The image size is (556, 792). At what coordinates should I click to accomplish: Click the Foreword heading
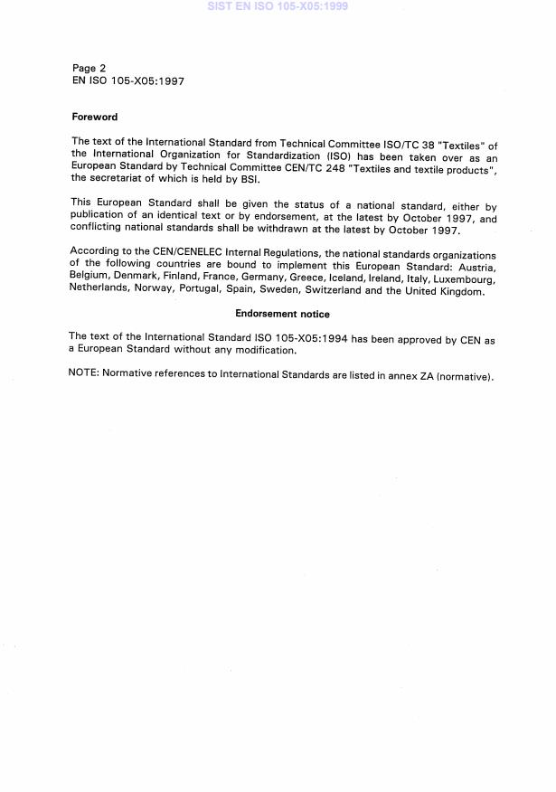(94, 117)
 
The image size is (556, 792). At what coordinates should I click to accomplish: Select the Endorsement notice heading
(282, 314)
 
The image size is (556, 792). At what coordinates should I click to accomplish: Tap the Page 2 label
(89, 68)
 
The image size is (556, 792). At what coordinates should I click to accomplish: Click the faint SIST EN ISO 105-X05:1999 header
(278, 6)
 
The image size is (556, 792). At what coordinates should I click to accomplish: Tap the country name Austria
(475, 269)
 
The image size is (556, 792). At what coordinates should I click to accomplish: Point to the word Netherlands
(99, 292)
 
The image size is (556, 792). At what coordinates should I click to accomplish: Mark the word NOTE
(84, 374)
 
